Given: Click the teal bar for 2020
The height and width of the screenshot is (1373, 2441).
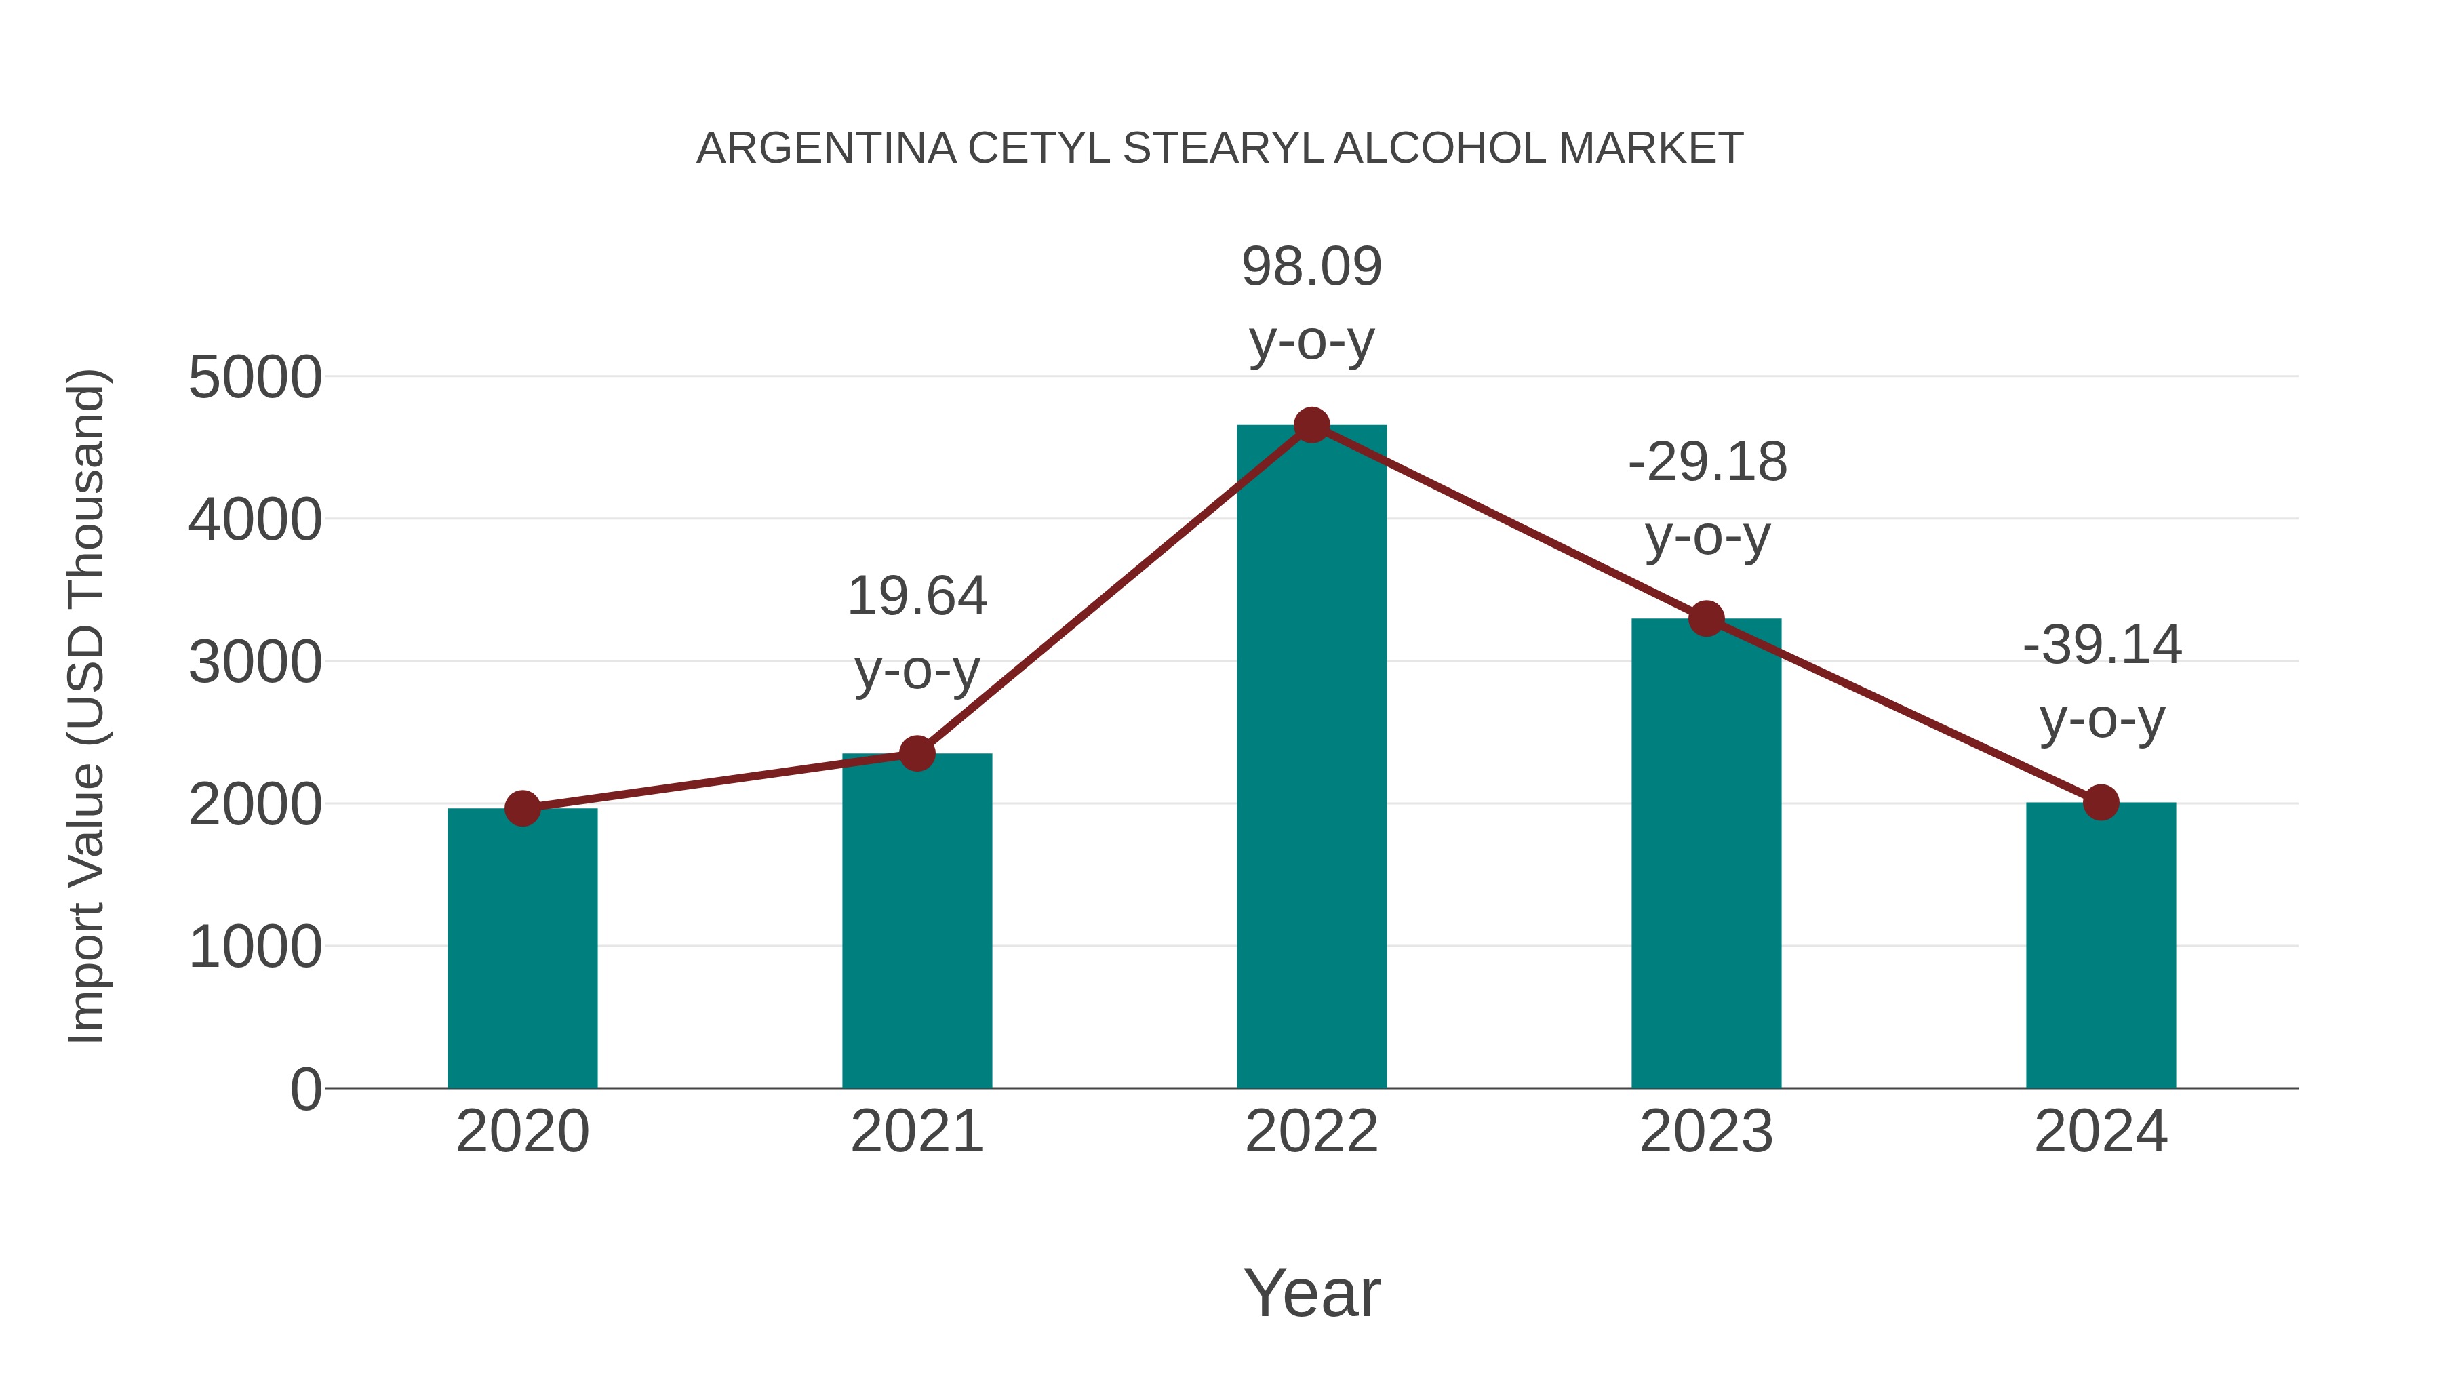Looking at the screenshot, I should (522, 948).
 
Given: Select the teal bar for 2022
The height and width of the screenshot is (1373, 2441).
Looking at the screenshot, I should (1311, 758).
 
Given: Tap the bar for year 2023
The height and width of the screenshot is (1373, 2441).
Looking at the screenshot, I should (1706, 853).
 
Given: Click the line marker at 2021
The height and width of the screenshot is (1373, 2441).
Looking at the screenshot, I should (916, 753).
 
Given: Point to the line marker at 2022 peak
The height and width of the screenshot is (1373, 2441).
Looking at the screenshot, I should (1311, 425).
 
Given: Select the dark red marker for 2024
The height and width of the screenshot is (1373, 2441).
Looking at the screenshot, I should (2101, 803).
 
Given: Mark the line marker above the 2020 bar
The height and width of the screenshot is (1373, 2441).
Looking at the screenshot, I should (522, 808).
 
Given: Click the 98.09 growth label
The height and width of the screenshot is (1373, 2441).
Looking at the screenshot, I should (1311, 267).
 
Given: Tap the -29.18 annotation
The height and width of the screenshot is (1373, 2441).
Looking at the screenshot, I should (1707, 463).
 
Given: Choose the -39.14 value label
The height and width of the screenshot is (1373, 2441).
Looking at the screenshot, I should (2102, 646).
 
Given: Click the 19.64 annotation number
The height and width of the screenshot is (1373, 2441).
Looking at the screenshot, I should (916, 597).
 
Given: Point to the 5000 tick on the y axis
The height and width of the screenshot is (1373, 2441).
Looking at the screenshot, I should (255, 378).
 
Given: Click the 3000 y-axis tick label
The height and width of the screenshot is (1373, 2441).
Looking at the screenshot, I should (255, 663).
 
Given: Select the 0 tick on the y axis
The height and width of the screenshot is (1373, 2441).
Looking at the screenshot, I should (306, 1090).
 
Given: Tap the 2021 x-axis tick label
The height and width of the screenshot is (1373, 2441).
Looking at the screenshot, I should (916, 1132).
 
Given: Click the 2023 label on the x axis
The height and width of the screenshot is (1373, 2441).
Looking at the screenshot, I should (1706, 1132).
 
